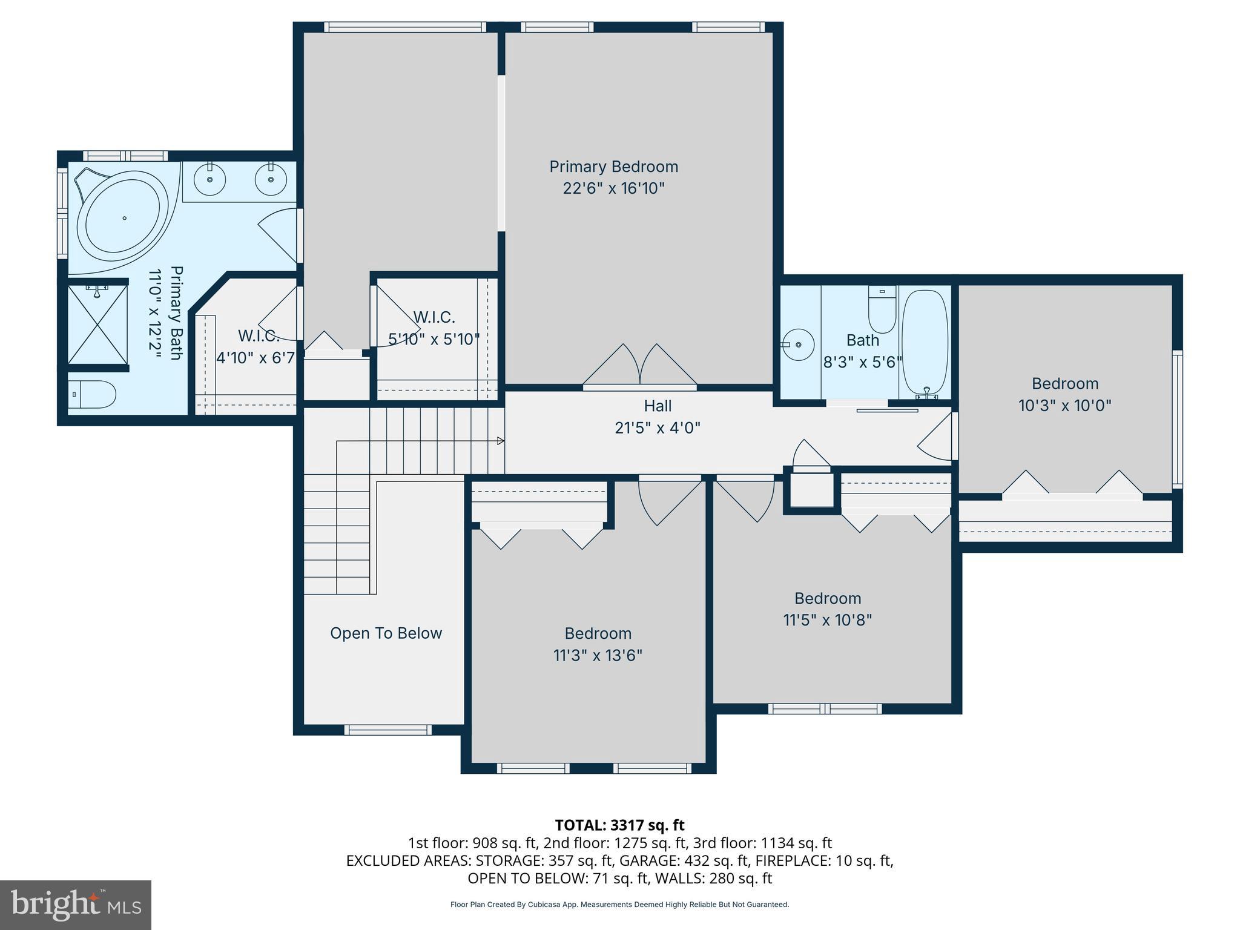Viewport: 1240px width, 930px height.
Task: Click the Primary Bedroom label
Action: click(613, 167)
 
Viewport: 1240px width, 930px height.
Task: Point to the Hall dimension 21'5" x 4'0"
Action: click(657, 428)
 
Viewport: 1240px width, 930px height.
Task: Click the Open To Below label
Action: click(386, 633)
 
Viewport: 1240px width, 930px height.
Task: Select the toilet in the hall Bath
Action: click(882, 309)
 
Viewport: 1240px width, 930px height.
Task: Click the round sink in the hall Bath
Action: click(798, 345)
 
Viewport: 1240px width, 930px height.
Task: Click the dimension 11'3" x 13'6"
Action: click(597, 656)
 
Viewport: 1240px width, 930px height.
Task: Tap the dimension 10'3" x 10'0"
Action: click(1064, 406)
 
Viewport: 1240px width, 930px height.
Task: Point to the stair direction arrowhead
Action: click(500, 441)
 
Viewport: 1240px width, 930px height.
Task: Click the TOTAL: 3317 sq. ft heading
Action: click(619, 825)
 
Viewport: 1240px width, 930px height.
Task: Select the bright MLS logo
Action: click(76, 905)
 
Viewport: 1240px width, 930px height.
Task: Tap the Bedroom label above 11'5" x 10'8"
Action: click(827, 598)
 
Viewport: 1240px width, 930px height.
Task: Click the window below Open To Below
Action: click(388, 730)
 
